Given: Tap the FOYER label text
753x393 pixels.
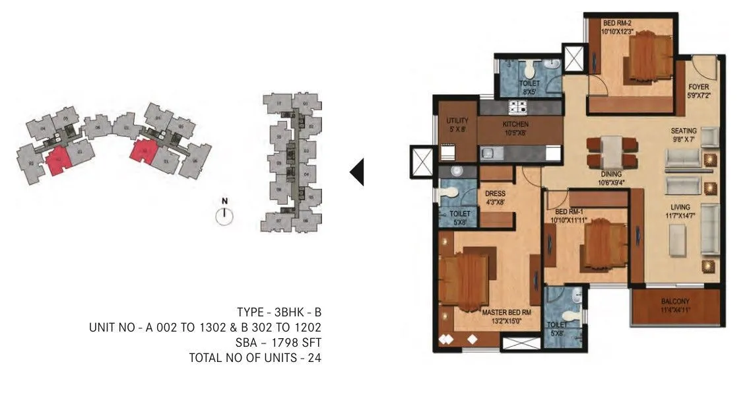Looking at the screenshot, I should coord(698,87).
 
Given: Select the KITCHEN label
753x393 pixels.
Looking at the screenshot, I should coord(515,124).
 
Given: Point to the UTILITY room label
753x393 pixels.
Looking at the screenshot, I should coord(457,121).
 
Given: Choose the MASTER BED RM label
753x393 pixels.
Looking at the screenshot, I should coord(506,312).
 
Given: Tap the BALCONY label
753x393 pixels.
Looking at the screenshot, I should coord(674,302).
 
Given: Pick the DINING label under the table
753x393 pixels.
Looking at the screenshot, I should coord(612,174).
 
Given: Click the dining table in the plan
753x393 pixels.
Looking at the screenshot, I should coord(612,151).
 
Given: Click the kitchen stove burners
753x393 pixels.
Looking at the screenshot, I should coord(515,107).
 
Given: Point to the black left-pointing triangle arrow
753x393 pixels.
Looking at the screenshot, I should coord(356,172).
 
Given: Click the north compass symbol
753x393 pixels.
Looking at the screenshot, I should coord(224,215).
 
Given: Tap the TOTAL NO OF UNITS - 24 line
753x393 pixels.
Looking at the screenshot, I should coord(255,357).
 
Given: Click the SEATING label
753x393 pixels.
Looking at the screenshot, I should coord(684,131).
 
